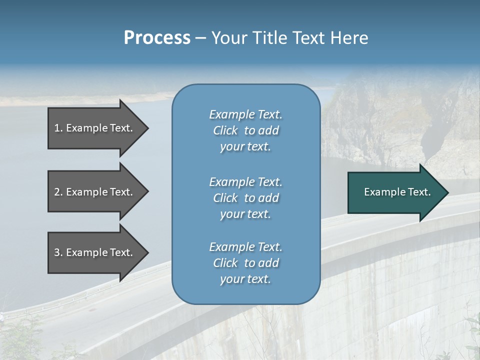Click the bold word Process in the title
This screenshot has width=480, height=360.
click(157, 38)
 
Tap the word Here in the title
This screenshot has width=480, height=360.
click(349, 38)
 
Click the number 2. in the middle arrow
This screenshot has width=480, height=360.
click(58, 192)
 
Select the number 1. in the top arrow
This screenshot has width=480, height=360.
click(58, 128)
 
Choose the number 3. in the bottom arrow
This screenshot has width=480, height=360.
click(58, 252)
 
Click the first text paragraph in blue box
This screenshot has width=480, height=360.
click(245, 130)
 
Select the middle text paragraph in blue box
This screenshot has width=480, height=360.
click(245, 198)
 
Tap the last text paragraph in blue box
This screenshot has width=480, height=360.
click(245, 263)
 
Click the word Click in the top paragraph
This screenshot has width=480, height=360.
click(225, 131)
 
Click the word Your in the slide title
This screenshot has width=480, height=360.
click(229, 38)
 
